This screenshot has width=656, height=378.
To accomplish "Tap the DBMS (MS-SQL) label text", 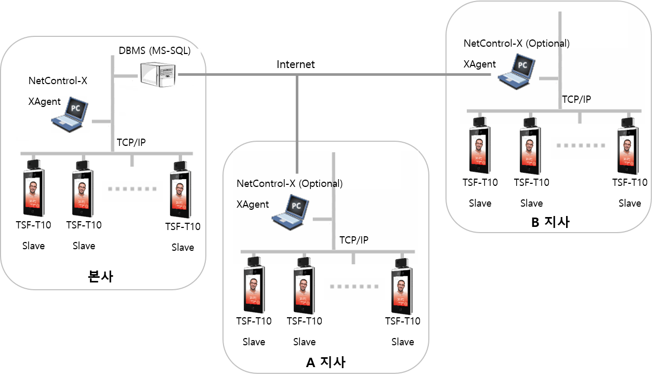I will (155, 51).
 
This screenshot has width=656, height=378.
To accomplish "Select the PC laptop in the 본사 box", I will (70, 114).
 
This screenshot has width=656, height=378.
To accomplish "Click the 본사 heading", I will (101, 276).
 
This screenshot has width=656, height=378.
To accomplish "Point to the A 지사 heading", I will (325, 362).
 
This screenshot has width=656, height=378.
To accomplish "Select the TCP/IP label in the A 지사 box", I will (354, 240).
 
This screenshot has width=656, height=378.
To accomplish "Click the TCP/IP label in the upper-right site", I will (576, 100).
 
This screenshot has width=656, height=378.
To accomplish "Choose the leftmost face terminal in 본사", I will (34, 188).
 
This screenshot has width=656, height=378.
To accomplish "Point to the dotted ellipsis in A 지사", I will (354, 286).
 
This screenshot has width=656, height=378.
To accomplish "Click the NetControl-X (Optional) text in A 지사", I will (290, 183).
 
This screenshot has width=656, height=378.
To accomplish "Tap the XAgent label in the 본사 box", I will (45, 102).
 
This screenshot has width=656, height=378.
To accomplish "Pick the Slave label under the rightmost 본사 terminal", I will (183, 247).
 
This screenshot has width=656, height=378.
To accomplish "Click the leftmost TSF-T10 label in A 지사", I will (254, 321).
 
